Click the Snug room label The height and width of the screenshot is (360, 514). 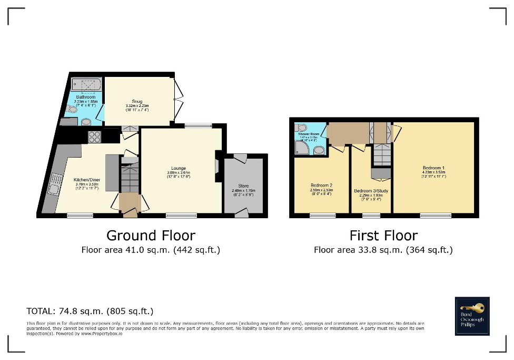pos(137,101)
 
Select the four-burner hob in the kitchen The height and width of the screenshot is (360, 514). pos(94,137)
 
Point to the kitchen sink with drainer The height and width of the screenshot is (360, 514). pos(54,184)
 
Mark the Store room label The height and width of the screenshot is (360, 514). pos(243,186)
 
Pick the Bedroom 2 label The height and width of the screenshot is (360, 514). pos(321,185)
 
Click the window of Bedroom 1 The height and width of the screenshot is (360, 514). pos(436,215)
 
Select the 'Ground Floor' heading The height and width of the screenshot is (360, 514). pos(151,235)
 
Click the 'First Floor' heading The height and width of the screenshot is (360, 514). pos(383,235)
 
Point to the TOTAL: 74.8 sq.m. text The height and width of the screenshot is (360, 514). pos(90,311)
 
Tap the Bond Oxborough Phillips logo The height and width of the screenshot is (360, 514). pos(472,316)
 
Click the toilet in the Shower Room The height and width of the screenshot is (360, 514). pos(302,128)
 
